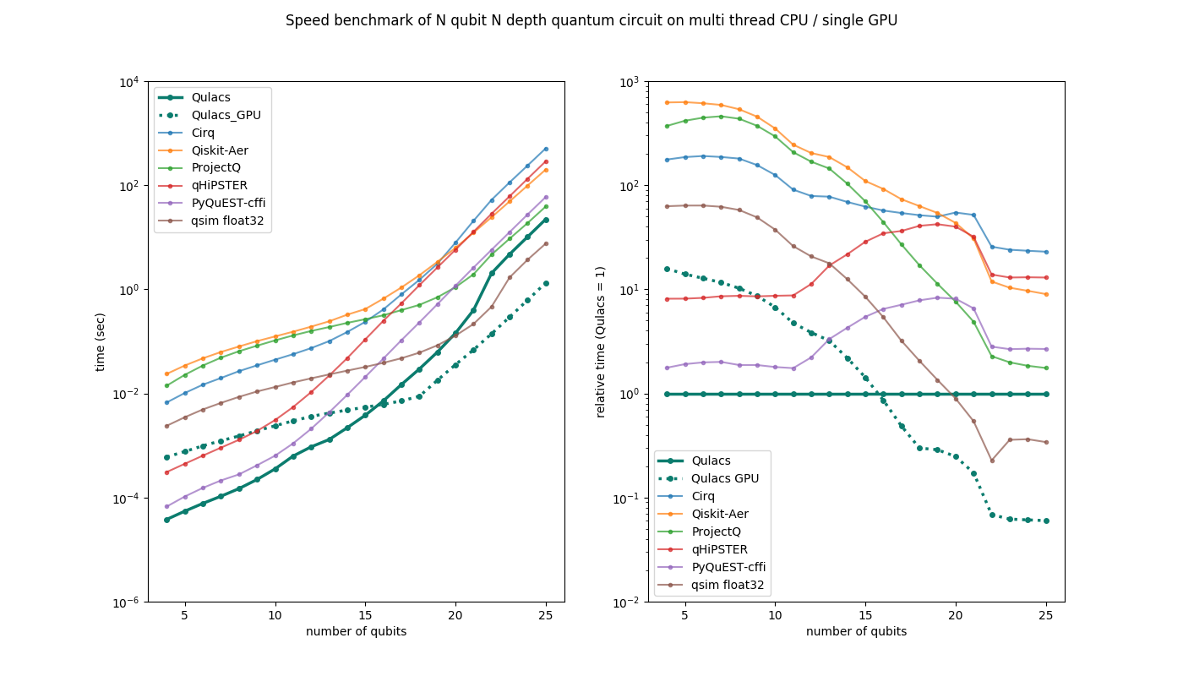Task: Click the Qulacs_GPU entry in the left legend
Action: [221, 115]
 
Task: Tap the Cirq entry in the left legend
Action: [203, 133]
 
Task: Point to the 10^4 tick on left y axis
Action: [129, 82]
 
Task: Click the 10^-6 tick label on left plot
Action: [128, 602]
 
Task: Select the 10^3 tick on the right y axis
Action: [630, 82]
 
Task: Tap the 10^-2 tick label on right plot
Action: [629, 602]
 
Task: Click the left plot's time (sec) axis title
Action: [101, 341]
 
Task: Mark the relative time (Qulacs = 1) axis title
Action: [601, 341]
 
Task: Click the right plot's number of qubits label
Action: [856, 632]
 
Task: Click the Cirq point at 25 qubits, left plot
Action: [546, 149]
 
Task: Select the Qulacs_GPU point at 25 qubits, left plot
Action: [546, 283]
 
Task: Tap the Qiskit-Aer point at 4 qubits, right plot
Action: [667, 102]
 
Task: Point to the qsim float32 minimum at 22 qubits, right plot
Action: [992, 461]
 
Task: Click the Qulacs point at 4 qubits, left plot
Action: [166, 520]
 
